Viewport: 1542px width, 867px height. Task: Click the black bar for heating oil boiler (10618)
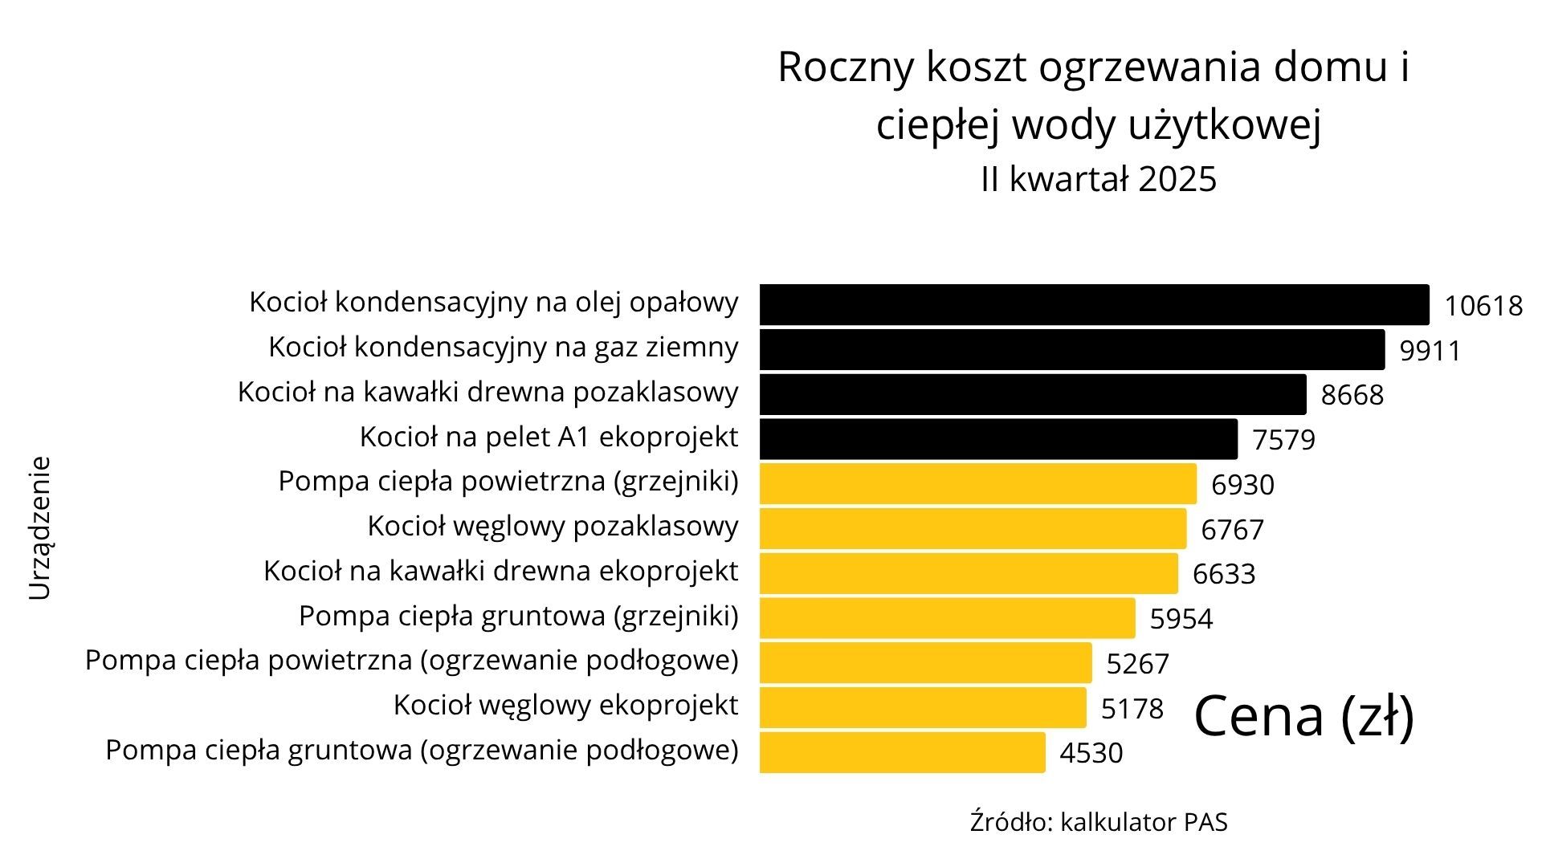[1094, 304]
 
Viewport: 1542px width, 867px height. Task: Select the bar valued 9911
[1072, 349]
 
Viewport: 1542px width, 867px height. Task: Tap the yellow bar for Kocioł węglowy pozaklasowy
[973, 528]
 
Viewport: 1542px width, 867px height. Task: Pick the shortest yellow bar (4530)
[903, 752]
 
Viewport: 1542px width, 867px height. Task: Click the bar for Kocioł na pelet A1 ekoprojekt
[998, 438]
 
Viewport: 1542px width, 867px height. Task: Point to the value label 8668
[1352, 395]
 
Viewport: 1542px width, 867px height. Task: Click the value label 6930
[1242, 485]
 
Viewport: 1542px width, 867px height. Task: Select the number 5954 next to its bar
[1181, 619]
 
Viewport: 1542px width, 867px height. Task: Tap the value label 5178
[1132, 709]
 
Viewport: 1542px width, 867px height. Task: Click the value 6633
[1223, 574]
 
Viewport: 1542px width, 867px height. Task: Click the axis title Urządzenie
[40, 528]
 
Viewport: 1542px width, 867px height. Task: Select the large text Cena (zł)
[1304, 716]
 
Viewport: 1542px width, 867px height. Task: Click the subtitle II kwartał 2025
[1098, 179]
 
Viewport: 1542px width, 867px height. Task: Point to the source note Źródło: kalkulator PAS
[1098, 823]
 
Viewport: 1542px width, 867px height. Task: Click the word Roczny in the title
[845, 67]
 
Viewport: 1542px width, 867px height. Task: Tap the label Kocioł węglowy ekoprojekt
[565, 705]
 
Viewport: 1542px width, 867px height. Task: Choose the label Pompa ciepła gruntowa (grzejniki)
[518, 616]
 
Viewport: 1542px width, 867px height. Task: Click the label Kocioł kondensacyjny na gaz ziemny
[503, 347]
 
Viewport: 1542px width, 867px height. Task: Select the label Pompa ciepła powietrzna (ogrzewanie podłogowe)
[411, 660]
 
